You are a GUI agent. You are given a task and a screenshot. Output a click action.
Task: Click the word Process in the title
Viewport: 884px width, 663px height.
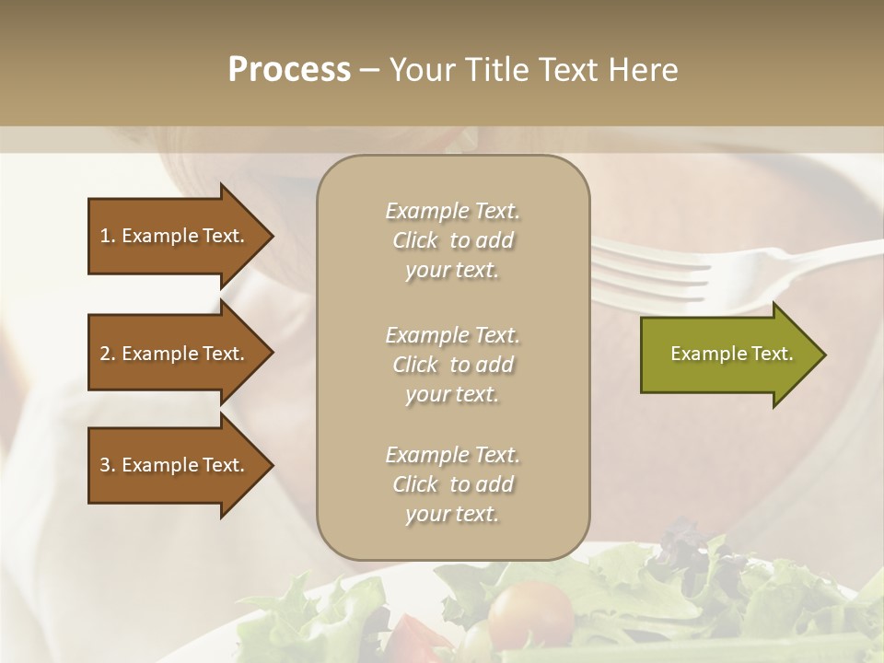pos(289,70)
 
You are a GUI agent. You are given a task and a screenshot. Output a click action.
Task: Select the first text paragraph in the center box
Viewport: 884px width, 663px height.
pos(452,240)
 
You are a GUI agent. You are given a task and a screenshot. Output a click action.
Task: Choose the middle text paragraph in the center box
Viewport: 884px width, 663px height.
pos(452,365)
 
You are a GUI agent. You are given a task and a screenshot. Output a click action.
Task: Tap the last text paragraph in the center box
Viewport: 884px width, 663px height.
pos(452,484)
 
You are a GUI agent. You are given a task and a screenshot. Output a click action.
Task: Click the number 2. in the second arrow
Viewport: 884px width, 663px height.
pos(108,354)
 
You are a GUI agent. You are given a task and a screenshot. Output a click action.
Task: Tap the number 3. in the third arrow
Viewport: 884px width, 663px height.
pos(108,465)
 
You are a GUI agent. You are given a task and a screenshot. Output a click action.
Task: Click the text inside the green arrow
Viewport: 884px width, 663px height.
pos(731,354)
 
